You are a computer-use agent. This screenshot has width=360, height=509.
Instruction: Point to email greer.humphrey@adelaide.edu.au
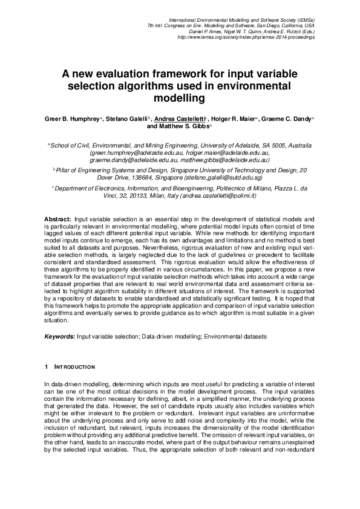click(x=130, y=154)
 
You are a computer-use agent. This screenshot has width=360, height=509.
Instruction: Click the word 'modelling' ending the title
click(x=180, y=98)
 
